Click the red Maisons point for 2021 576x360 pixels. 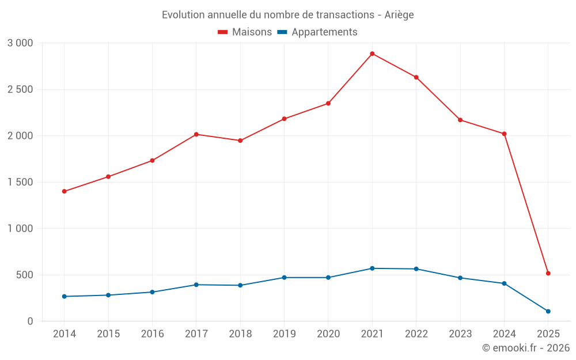[x=372, y=54]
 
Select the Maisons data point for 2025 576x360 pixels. [x=548, y=273]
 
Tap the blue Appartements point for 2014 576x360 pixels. [x=64, y=297]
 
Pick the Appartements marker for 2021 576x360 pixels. [x=372, y=268]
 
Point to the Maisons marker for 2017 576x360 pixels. [x=196, y=134]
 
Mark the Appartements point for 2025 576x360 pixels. [x=548, y=311]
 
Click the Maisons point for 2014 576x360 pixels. [x=64, y=191]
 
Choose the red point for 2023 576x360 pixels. [x=460, y=120]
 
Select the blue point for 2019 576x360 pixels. [x=284, y=278]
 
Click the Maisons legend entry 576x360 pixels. [x=245, y=32]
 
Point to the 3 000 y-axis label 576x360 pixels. [x=21, y=43]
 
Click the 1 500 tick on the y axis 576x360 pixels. [x=21, y=182]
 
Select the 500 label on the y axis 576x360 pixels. [x=25, y=275]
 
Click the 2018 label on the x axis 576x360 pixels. [x=240, y=334]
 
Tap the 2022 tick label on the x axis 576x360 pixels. [x=416, y=334]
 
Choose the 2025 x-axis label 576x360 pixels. [x=548, y=334]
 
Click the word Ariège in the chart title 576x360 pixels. [x=399, y=15]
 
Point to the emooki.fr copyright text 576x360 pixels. [x=526, y=348]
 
